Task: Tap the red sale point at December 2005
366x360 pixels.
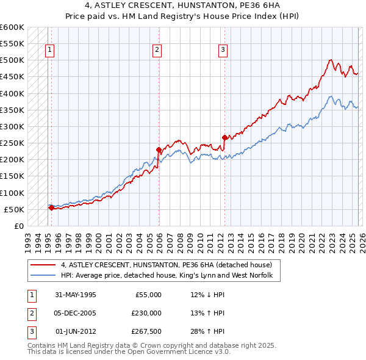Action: pos(159,149)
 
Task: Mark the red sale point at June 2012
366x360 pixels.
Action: pos(224,137)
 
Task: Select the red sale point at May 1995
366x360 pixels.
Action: pos(51,207)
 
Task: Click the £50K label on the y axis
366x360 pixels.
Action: pos(14,209)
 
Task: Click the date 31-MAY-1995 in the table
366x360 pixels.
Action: pos(76,295)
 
